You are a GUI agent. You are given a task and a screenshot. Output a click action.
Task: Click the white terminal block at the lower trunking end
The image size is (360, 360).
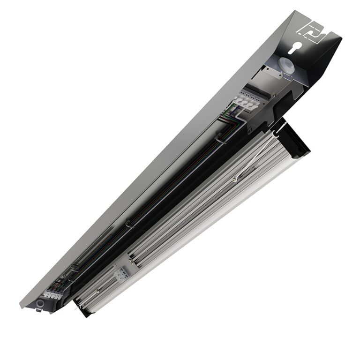pos(52,295)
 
